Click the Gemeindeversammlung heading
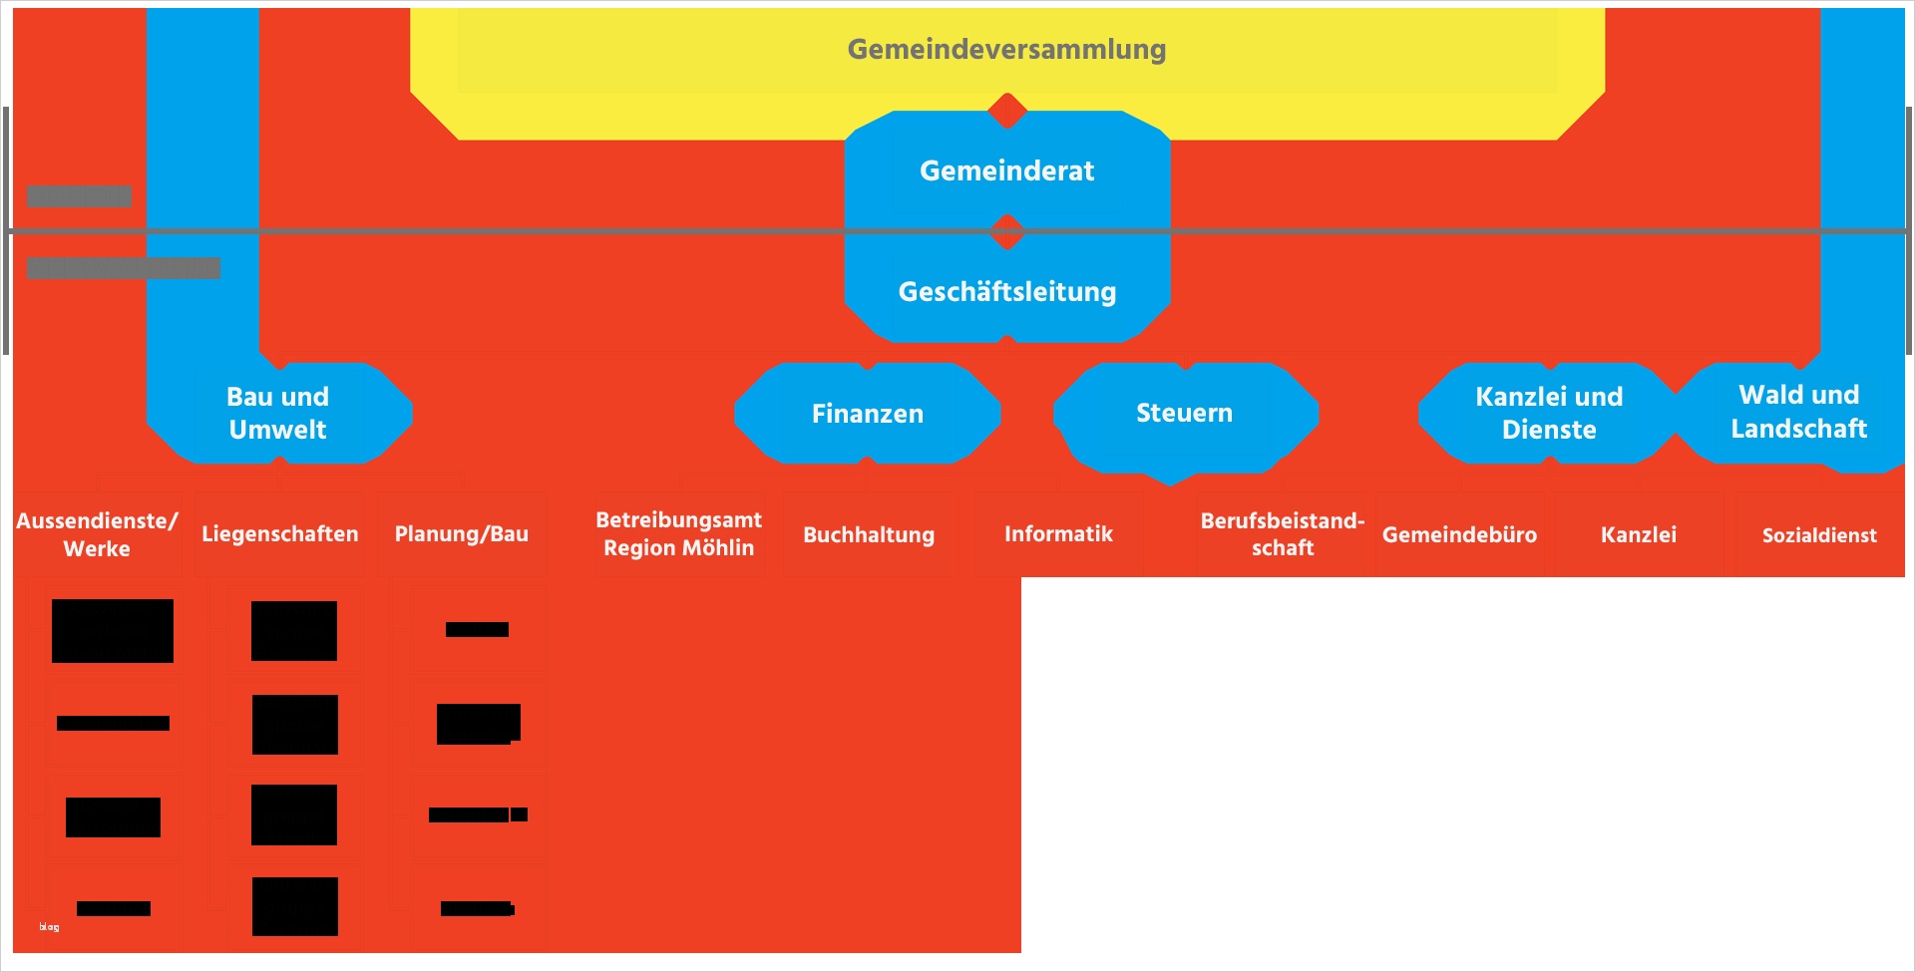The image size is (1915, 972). [x=1006, y=50]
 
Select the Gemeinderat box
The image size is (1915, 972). [x=1006, y=170]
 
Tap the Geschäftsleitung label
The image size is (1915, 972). [x=1006, y=291]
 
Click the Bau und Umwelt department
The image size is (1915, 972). [x=278, y=413]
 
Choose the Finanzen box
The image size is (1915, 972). [x=868, y=413]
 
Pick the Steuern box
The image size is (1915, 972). [x=1185, y=413]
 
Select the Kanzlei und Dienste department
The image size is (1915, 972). [x=1549, y=413]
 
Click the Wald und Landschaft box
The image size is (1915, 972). [x=1798, y=412]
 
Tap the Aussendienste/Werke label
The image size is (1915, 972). [x=97, y=534]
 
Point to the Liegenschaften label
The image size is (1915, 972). [x=280, y=534]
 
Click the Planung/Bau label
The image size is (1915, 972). [x=462, y=534]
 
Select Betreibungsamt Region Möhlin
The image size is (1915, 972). [x=678, y=533]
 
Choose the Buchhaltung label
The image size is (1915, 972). [x=869, y=535]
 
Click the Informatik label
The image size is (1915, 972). [x=1058, y=534]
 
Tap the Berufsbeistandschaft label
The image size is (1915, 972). [x=1283, y=534]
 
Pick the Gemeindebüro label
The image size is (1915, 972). [x=1459, y=535]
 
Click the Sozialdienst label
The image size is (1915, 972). [x=1819, y=535]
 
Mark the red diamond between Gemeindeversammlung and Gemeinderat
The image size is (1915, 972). [x=1007, y=111]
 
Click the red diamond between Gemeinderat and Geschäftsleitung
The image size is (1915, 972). [x=1007, y=231]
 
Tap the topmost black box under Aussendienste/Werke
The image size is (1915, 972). [x=113, y=631]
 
